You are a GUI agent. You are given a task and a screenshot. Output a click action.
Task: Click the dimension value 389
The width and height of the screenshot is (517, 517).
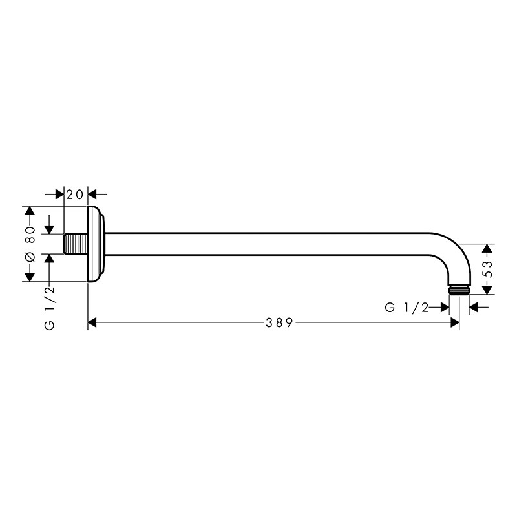(279, 322)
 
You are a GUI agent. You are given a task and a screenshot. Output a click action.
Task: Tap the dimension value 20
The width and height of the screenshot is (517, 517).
(75, 195)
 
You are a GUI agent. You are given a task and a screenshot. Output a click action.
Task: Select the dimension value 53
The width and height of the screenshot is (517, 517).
(489, 269)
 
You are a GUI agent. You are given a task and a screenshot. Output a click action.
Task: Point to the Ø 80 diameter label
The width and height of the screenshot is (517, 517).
(30, 244)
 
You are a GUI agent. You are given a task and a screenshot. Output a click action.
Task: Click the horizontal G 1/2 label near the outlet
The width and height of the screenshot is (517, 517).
(406, 308)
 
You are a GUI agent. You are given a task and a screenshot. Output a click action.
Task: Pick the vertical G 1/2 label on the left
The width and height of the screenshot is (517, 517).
(49, 308)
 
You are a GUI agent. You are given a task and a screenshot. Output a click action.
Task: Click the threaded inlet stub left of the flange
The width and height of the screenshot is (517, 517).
(76, 244)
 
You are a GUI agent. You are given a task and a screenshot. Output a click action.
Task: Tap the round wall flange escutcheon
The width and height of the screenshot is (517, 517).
(96, 244)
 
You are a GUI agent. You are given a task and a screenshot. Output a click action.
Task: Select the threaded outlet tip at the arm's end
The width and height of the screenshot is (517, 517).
(459, 290)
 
